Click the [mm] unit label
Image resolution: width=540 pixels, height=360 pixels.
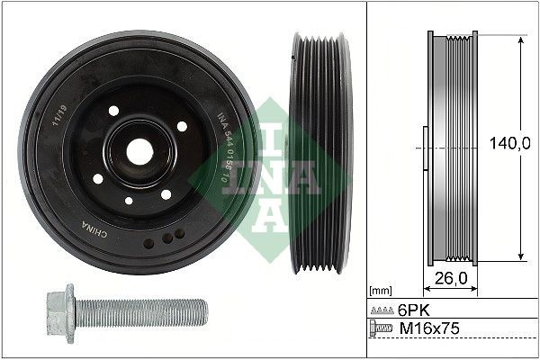(382, 291)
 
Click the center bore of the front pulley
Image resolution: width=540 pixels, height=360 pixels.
(139, 150)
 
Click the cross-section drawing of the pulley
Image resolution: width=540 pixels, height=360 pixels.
(450, 148)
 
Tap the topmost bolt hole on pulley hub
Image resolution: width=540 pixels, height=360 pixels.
(114, 110)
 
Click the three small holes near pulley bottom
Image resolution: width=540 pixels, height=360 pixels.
(166, 237)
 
